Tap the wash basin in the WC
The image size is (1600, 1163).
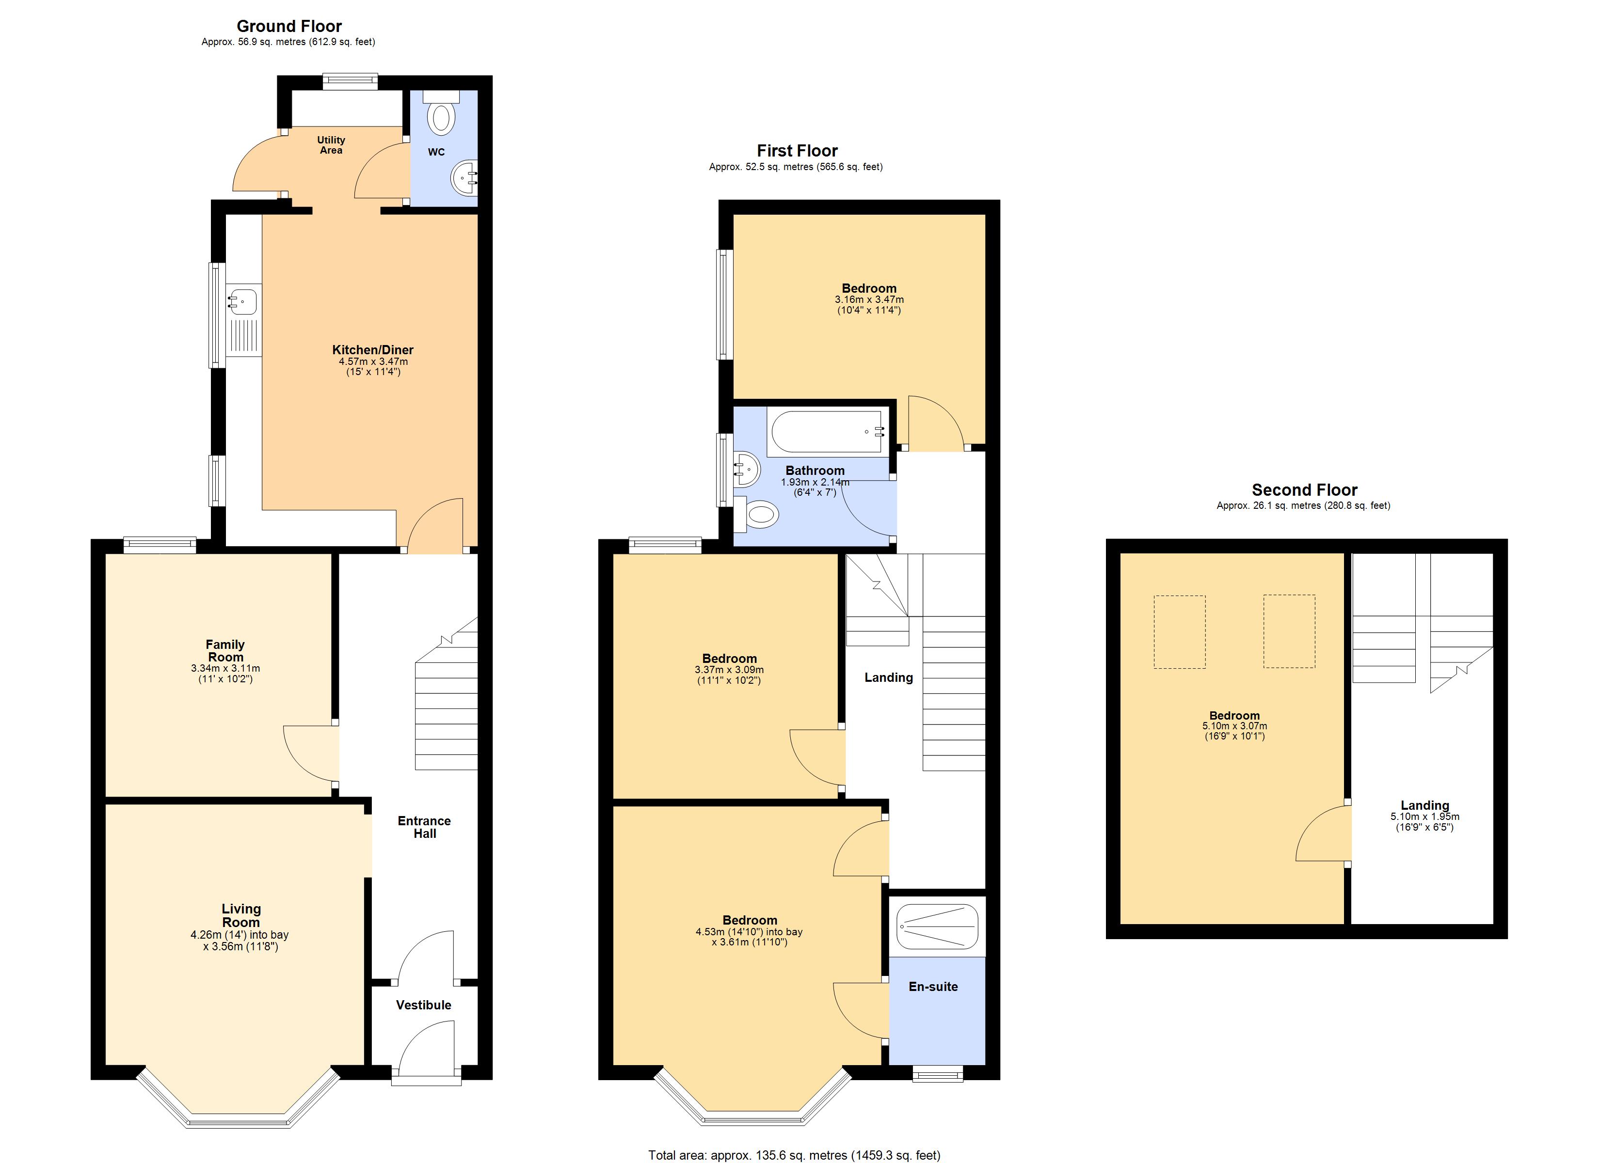click(465, 179)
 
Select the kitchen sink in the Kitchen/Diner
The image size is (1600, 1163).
click(243, 302)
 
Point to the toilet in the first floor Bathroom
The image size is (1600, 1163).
click(758, 514)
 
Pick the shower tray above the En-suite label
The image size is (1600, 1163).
click(937, 927)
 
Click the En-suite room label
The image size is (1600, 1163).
click(933, 987)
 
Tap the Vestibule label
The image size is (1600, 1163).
click(423, 1005)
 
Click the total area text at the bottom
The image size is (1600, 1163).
click(794, 1155)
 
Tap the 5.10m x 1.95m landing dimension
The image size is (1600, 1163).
click(1424, 817)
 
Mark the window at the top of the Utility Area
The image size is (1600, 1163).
click(350, 82)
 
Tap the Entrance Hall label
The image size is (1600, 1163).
click(424, 827)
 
